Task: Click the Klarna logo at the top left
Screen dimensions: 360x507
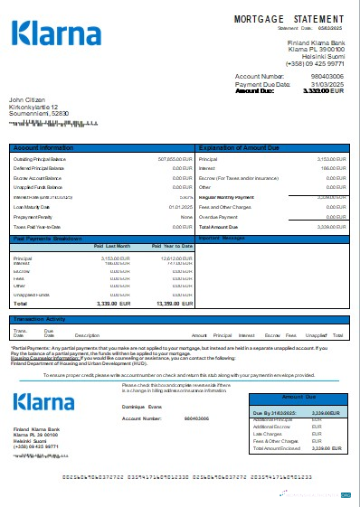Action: (56, 34)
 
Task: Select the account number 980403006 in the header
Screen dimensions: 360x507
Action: (326, 77)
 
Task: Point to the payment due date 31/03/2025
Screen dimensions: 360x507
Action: (327, 84)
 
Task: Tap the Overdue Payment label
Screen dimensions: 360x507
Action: (217, 218)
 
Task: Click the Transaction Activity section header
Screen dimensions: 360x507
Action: (40, 319)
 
